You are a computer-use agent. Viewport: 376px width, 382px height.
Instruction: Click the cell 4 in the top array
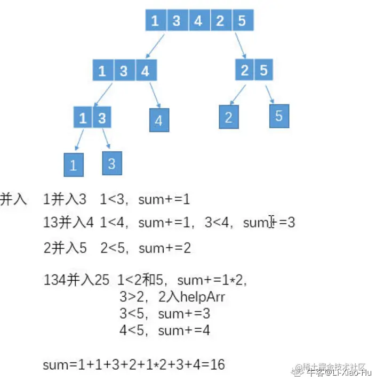(198, 21)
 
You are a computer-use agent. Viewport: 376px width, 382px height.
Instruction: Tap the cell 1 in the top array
(155, 21)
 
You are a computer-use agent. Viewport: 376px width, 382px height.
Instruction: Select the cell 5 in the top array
(242, 21)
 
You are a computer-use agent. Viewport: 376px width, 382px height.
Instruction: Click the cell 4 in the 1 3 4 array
(146, 71)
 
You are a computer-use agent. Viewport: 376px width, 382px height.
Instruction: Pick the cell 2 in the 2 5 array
(245, 70)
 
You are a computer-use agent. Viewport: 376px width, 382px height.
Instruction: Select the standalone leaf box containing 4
(158, 120)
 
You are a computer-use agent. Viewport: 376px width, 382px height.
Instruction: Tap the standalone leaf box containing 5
(279, 116)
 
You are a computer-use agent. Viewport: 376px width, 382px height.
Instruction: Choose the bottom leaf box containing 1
(73, 165)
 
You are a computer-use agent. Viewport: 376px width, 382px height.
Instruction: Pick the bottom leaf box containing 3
(111, 163)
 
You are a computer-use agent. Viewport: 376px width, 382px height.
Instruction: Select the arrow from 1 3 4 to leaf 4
(155, 94)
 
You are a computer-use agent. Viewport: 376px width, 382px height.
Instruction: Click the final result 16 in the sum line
(217, 365)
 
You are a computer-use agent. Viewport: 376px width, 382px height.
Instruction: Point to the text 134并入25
(76, 280)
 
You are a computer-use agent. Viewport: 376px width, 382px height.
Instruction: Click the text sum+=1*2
(212, 280)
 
